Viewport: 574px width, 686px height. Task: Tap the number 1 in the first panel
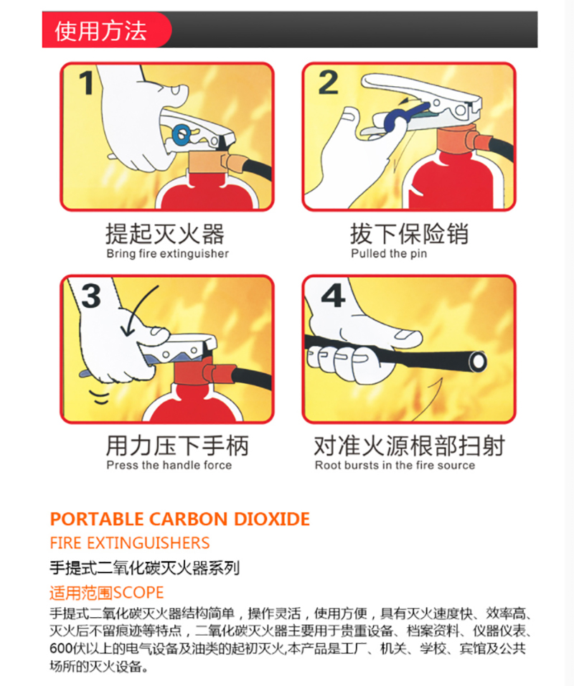click(87, 83)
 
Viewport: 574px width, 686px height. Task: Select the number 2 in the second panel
click(328, 83)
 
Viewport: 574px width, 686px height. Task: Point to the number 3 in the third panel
click(91, 296)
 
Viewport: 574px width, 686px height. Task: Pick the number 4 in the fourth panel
click(334, 296)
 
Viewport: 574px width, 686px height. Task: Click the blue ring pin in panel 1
click(181, 134)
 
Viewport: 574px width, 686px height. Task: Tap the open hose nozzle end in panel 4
click(477, 362)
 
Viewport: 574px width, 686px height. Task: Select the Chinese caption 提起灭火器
click(165, 234)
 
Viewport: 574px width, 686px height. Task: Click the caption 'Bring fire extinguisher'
click(168, 254)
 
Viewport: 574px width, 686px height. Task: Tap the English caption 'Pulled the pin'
click(389, 254)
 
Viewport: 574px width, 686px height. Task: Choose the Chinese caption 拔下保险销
click(409, 234)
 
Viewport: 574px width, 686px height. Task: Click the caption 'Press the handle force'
click(169, 465)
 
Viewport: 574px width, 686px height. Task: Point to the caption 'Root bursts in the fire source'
click(395, 465)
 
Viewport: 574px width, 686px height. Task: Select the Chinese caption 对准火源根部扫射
click(410, 446)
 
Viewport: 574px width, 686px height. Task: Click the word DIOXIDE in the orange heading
click(272, 519)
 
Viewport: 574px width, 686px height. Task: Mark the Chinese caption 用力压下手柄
click(178, 446)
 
